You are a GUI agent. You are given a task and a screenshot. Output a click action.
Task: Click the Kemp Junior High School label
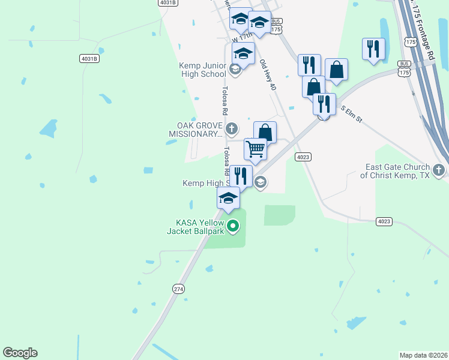pos(202,70)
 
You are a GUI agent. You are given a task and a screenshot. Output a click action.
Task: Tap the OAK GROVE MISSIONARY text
pos(195,130)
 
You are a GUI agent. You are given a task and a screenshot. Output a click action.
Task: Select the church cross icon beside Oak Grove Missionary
pos(232,128)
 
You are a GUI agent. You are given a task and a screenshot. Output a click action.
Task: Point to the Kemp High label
pos(203,183)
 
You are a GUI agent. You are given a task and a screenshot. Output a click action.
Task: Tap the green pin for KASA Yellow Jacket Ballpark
pos(234,226)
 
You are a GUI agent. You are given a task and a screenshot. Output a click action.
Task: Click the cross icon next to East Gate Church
pos(439,170)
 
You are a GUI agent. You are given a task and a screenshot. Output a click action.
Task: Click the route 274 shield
pos(178,289)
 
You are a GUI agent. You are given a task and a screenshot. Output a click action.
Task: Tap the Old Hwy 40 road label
pos(268,75)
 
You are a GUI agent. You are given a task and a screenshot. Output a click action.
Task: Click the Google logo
pos(20,353)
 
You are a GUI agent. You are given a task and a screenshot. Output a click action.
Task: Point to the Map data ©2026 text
pos(423,355)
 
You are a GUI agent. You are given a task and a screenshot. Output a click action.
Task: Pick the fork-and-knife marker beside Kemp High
pos(241,175)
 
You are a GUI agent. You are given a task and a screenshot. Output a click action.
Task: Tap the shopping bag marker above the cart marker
pos(265,131)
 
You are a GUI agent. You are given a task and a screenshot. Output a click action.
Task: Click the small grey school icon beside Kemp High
pos(260,183)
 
